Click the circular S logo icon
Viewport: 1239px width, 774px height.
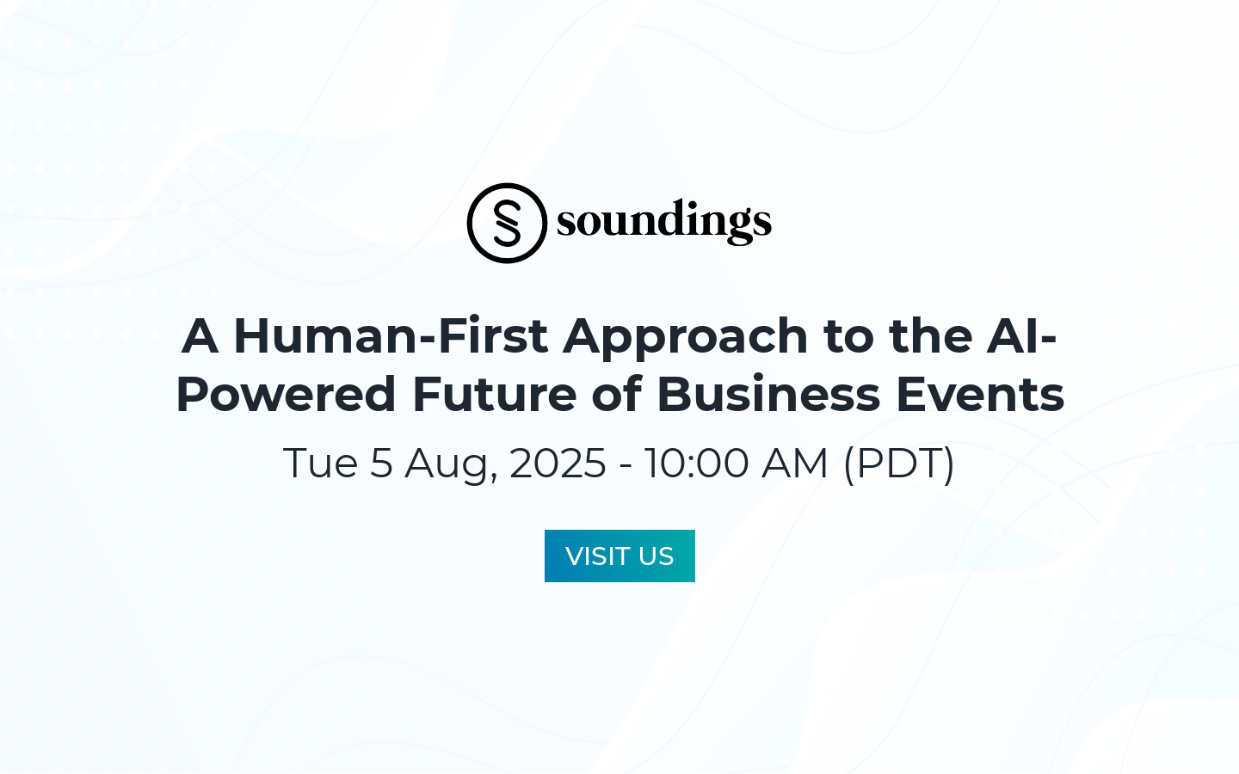click(x=507, y=223)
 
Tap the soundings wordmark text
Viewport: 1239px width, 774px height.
click(x=663, y=221)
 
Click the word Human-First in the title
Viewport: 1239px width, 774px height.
click(x=391, y=335)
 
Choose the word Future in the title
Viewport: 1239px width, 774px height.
click(x=494, y=394)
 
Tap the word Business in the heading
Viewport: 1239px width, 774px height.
click(x=768, y=394)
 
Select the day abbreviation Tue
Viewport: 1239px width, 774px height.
click(x=320, y=464)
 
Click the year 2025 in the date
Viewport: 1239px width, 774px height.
click(x=558, y=464)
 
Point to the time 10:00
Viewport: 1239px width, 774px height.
click(x=696, y=464)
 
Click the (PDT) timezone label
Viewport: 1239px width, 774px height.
click(x=899, y=464)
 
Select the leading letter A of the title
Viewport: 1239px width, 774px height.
click(x=200, y=335)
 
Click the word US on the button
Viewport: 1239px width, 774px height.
click(x=656, y=556)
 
